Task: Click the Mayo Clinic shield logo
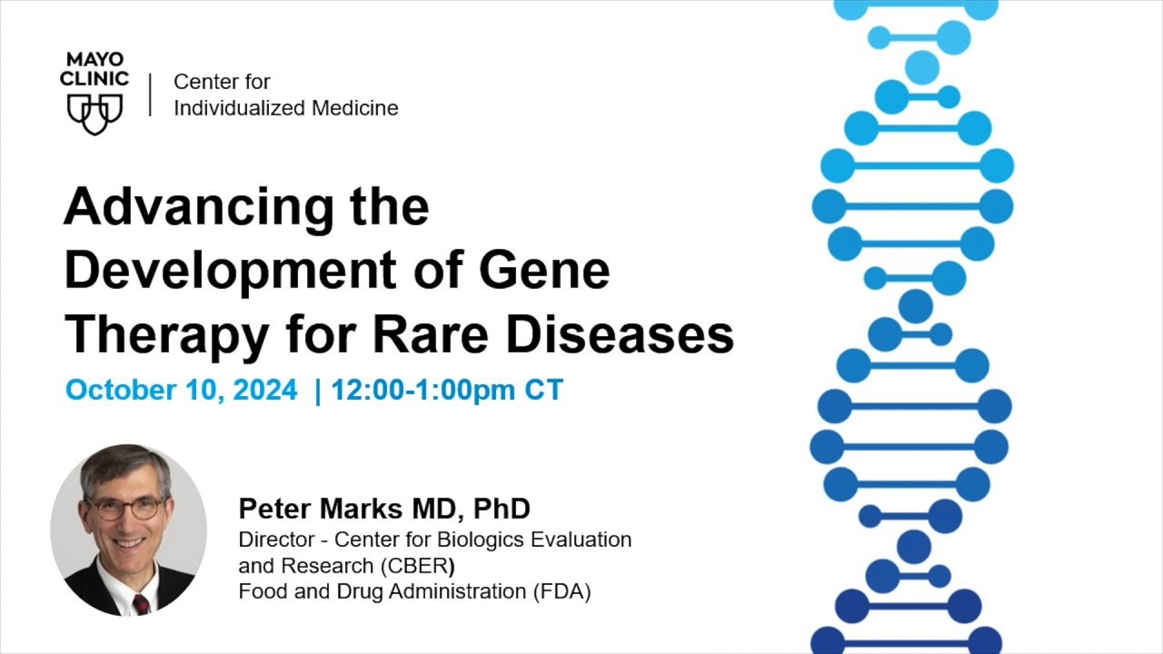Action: pos(94,113)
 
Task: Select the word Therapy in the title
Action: pos(165,336)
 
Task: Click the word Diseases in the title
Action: pos(620,334)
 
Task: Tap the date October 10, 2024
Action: pos(181,391)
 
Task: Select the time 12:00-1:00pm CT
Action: pos(447,391)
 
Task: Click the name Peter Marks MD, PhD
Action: pos(384,509)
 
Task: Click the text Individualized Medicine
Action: pos(286,108)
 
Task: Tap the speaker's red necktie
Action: pos(141,604)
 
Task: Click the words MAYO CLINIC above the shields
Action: pos(94,70)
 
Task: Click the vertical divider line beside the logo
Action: pos(151,94)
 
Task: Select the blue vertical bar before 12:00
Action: pos(317,391)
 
